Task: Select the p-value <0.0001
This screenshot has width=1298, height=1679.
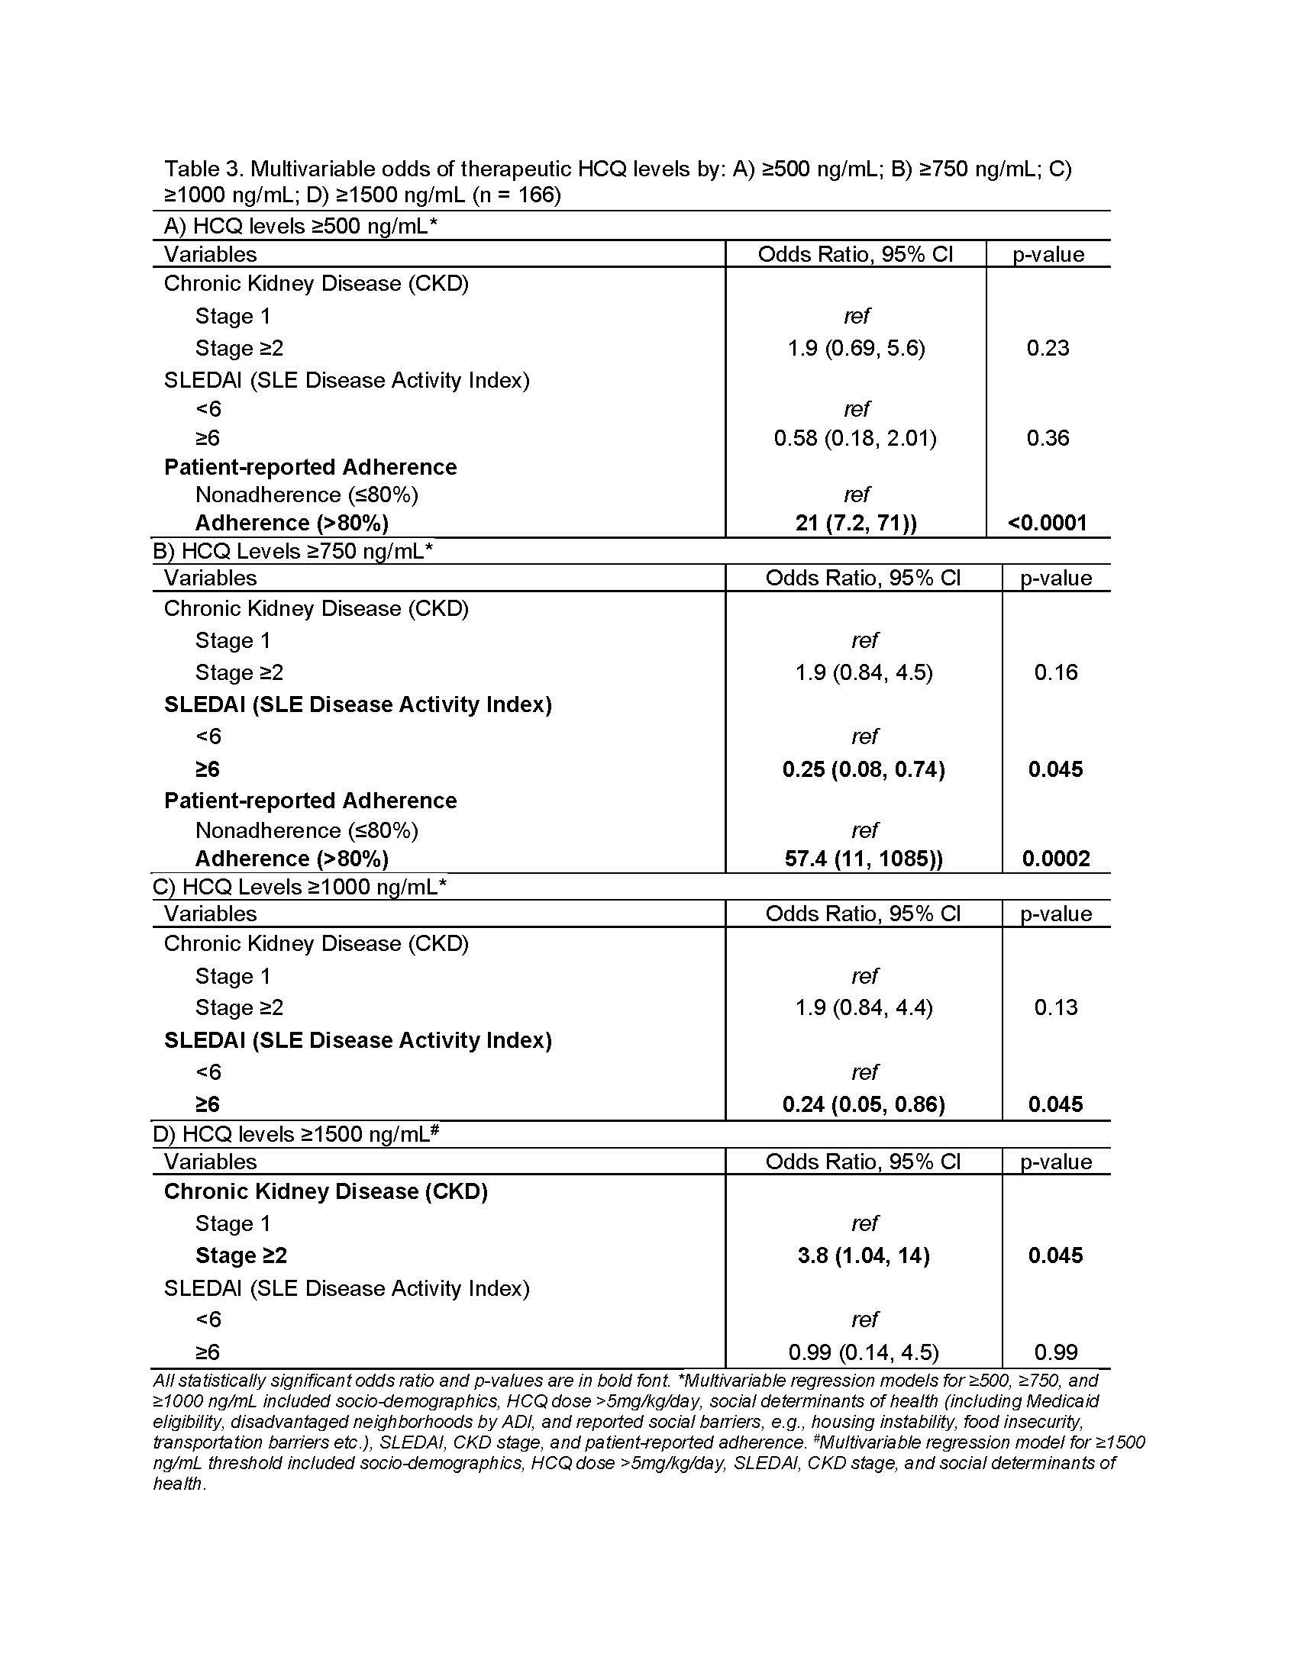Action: tap(1048, 524)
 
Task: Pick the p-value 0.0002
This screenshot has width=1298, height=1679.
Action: tap(1056, 859)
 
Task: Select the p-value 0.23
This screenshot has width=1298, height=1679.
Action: tap(1048, 348)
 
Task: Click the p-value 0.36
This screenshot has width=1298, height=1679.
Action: tap(1048, 438)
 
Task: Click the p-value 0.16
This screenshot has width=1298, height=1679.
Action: tap(1056, 672)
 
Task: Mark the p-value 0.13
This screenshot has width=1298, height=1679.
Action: tap(1056, 1007)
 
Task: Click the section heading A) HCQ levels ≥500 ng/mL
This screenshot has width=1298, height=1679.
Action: tap(300, 226)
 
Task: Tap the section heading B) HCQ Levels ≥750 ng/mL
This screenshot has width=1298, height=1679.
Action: tap(293, 551)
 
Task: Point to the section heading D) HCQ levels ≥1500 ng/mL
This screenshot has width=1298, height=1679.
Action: tap(296, 1135)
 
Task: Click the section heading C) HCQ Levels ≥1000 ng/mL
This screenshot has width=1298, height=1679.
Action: tap(300, 887)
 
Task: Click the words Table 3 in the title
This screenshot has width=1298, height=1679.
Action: tap(202, 169)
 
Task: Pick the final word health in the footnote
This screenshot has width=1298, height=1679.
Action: tap(179, 1484)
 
